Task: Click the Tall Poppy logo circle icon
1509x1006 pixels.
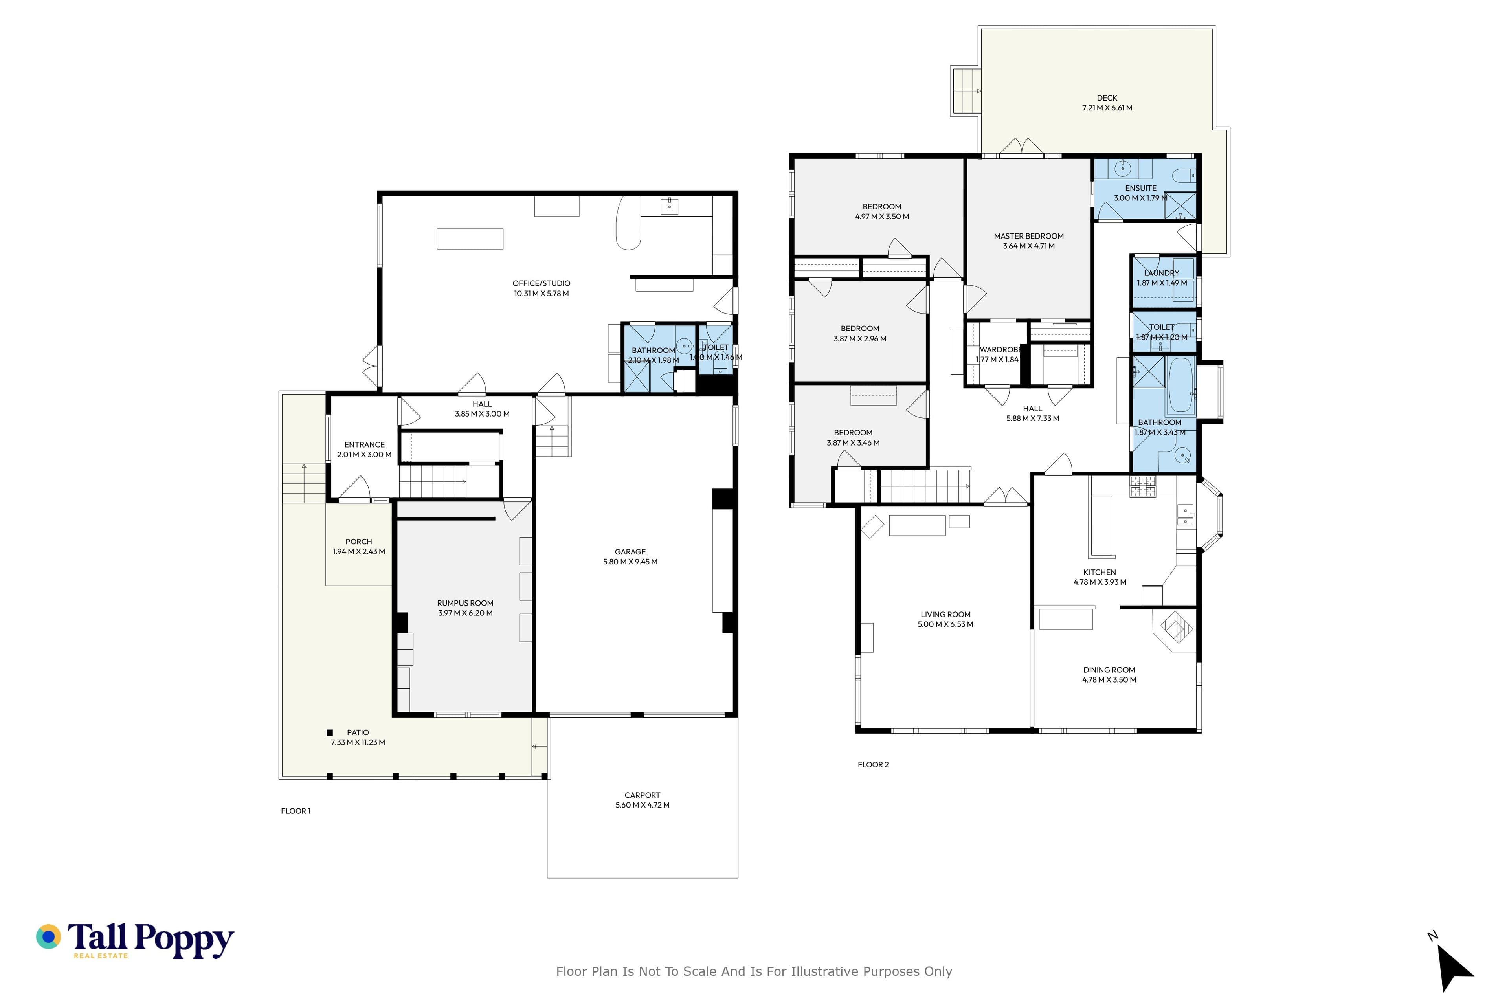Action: pyautogui.click(x=48, y=937)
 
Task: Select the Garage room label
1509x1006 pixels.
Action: pyautogui.click(x=630, y=552)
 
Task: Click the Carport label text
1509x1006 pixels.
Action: pyautogui.click(x=642, y=795)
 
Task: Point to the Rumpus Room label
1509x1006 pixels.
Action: pyautogui.click(x=465, y=603)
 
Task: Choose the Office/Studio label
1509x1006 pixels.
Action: pyautogui.click(x=542, y=283)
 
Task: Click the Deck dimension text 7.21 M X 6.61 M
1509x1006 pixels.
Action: pyautogui.click(x=1107, y=108)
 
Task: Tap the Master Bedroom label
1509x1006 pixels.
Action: pyautogui.click(x=1029, y=236)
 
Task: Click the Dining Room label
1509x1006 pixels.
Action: pyautogui.click(x=1109, y=670)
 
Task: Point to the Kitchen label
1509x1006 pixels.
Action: pyautogui.click(x=1100, y=572)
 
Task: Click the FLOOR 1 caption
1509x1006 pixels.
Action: pyautogui.click(x=296, y=811)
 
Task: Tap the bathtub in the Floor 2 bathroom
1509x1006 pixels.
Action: pyautogui.click(x=1180, y=385)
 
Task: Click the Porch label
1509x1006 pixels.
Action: pyautogui.click(x=359, y=542)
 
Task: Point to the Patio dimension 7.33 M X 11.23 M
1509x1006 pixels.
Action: pyautogui.click(x=358, y=742)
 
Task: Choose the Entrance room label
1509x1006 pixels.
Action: pyautogui.click(x=364, y=444)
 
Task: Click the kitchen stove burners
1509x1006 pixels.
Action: pyautogui.click(x=1143, y=486)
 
